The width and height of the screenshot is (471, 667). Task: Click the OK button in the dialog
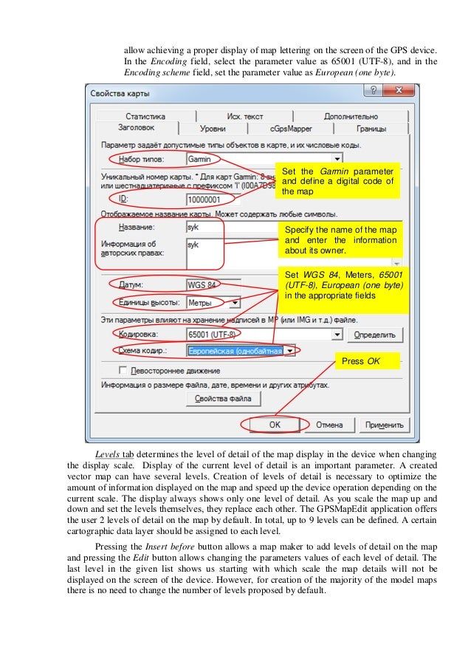point(274,425)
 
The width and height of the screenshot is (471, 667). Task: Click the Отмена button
point(329,425)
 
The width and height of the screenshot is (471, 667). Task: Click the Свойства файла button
point(223,399)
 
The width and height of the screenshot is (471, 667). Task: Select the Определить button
point(379,335)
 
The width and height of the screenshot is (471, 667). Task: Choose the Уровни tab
point(213,129)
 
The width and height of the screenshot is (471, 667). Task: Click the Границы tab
point(371,129)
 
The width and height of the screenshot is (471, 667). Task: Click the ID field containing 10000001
point(209,199)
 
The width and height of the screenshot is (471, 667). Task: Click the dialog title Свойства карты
point(120,95)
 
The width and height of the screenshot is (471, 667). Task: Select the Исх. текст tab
point(244,117)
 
